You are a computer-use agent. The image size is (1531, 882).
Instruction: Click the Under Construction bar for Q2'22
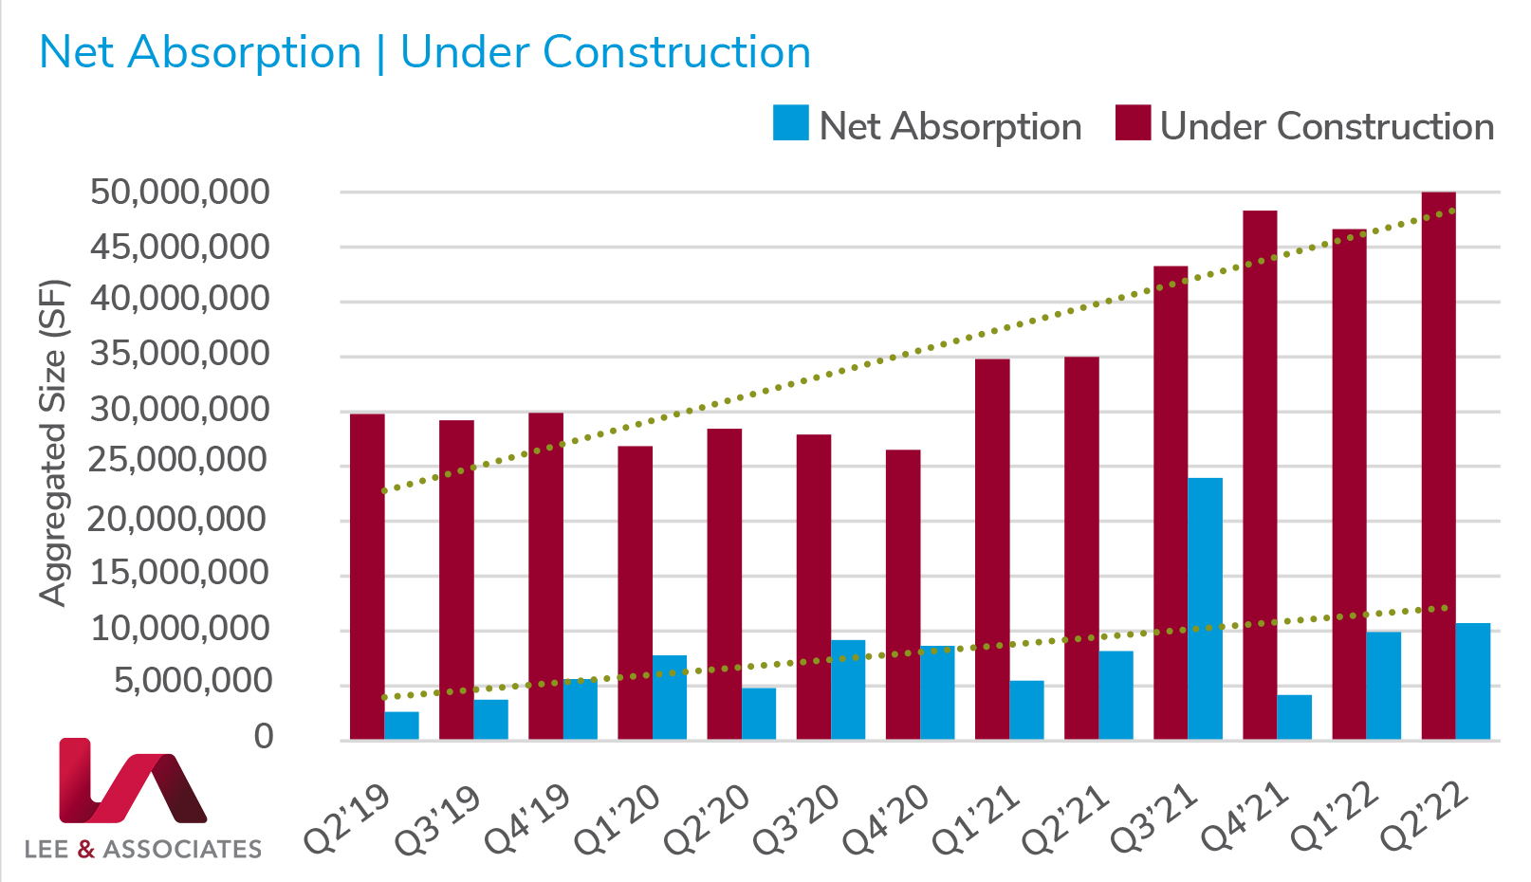coord(1438,465)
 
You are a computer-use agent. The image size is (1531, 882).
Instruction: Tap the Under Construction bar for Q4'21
coord(1260,474)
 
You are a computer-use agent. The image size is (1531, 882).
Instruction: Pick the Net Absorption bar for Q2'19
coord(401,726)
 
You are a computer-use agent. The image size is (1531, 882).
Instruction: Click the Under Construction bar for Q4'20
coord(903,595)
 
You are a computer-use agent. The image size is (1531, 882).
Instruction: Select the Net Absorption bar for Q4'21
coord(1294,717)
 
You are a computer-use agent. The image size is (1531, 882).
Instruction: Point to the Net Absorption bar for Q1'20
coord(670,697)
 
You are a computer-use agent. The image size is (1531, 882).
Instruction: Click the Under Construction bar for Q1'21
coord(992,549)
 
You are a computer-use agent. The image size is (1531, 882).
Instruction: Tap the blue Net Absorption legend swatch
coord(791,123)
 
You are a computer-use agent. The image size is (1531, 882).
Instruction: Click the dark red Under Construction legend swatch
coord(1133,123)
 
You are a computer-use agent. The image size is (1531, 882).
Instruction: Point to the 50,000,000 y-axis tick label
coord(179,193)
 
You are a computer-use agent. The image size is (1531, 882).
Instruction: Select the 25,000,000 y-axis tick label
coord(179,461)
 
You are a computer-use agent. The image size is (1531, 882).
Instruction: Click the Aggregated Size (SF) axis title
coord(54,442)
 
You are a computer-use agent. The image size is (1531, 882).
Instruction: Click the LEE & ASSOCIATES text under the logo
coord(142,849)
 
